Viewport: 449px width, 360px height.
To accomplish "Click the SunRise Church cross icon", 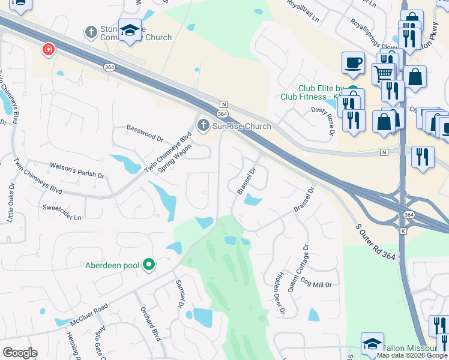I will click(x=203, y=125).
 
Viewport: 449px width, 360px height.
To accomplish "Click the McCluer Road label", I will click(x=88, y=314).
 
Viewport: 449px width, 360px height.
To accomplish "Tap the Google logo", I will click(x=20, y=353).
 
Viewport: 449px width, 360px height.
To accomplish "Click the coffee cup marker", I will click(x=353, y=62).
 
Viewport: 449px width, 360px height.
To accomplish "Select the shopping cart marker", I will click(x=382, y=74).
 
